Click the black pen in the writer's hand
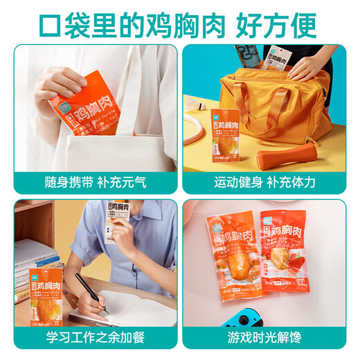pyautogui.click(x=89, y=289)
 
